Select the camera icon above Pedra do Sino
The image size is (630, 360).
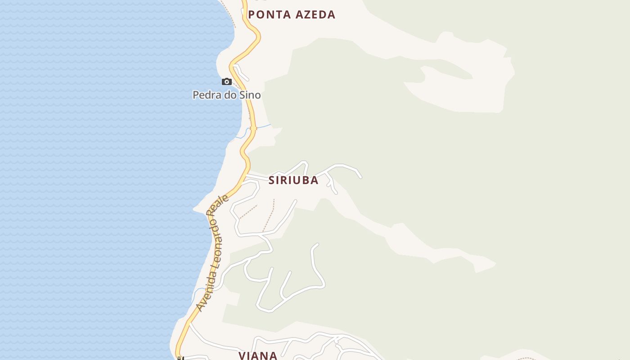pyautogui.click(x=227, y=81)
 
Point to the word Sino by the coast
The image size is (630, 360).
pyautogui.click(x=251, y=95)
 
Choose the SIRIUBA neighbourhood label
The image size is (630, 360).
pyautogui.click(x=293, y=180)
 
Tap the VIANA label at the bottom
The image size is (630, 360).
pyautogui.click(x=258, y=355)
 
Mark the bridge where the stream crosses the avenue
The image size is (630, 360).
pyautogui.click(x=253, y=128)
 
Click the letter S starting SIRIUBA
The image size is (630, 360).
pyautogui.click(x=272, y=180)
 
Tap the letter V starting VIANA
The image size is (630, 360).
pyautogui.click(x=242, y=355)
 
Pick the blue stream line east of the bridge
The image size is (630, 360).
pyautogui.click(x=264, y=126)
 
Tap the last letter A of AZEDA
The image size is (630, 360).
pyautogui.click(x=331, y=14)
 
